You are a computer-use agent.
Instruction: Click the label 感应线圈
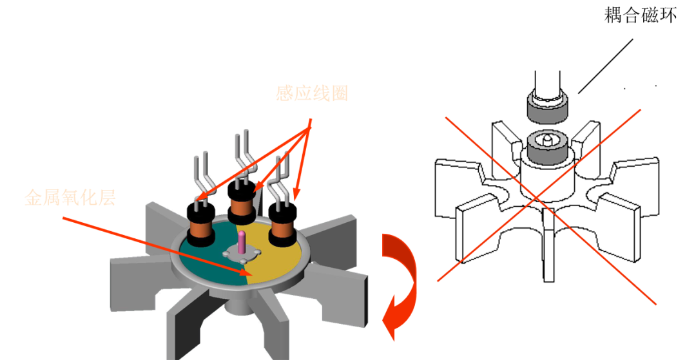click(312, 93)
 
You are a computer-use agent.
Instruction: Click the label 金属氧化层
click(70, 198)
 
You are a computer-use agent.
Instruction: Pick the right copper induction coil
click(282, 228)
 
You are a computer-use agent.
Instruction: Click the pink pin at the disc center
click(242, 243)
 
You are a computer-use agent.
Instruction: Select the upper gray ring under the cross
click(547, 108)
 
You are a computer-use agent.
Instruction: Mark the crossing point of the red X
click(536, 198)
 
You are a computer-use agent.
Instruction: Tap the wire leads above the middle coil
click(243, 155)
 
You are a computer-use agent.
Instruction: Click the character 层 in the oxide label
click(106, 198)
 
